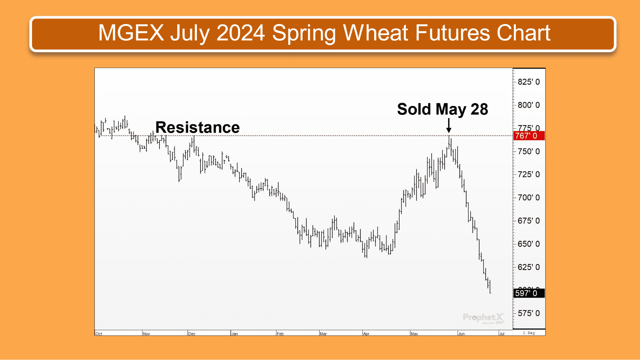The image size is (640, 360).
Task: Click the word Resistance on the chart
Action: (197, 127)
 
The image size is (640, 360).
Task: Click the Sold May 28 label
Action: (442, 109)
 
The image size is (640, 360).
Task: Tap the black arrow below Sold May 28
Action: (449, 125)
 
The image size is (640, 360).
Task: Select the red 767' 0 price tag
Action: (529, 136)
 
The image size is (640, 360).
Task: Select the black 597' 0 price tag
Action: (529, 293)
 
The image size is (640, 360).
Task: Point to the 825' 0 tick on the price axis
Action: (529, 82)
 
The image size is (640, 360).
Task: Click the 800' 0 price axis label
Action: (529, 105)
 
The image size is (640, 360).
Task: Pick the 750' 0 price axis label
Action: (529, 151)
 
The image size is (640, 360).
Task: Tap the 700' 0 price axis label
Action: (529, 197)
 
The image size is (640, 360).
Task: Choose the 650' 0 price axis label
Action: (529, 244)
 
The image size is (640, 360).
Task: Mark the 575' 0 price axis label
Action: (529, 313)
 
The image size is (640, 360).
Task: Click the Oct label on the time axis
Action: (99, 334)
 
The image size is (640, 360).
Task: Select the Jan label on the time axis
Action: (235, 334)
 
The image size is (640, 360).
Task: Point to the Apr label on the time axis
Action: (366, 334)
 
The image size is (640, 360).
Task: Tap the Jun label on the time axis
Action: (461, 334)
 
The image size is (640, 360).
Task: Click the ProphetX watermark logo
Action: (483, 318)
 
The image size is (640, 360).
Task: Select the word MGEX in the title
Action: (131, 33)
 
